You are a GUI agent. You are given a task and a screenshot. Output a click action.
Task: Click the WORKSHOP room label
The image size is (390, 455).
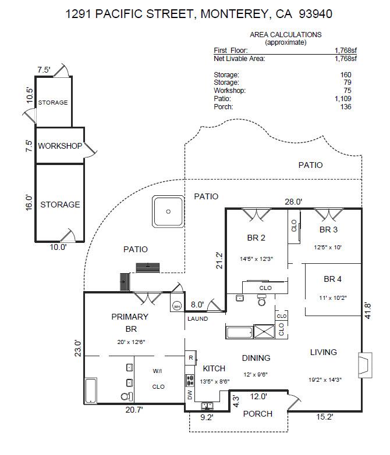pyautogui.click(x=60, y=146)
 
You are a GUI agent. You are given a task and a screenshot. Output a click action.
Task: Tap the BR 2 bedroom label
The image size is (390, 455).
pyautogui.click(x=256, y=238)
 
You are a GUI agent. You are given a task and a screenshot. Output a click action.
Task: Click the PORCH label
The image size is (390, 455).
pyautogui.click(x=257, y=414)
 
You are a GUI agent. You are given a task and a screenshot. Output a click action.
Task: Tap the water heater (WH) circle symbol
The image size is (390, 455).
pyautogui.click(x=177, y=306)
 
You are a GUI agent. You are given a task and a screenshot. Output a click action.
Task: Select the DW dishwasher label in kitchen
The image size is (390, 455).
pyautogui.click(x=190, y=395)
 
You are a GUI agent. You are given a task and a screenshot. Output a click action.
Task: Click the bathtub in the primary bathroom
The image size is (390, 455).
pyautogui.click(x=92, y=391)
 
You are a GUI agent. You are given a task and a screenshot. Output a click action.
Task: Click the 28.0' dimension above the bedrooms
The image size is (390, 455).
pyautogui.click(x=293, y=202)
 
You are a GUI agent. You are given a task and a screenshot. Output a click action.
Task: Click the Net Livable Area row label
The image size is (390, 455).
pyautogui.click(x=239, y=59)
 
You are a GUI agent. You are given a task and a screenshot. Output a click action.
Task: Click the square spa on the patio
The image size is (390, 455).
pyautogui.click(x=168, y=212)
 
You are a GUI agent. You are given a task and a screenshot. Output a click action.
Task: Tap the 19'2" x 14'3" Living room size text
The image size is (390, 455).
pyautogui.click(x=325, y=379)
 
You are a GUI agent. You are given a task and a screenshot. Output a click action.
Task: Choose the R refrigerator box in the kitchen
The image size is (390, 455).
pyautogui.click(x=190, y=357)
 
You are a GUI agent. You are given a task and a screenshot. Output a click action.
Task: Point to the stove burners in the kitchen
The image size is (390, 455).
pyautogui.click(x=190, y=380)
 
